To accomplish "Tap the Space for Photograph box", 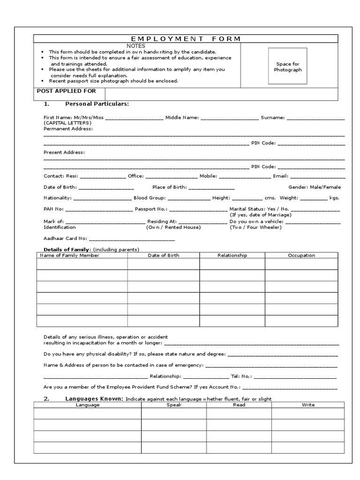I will click(287, 67).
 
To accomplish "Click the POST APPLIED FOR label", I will click(66, 91).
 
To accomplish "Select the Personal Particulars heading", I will click(97, 104).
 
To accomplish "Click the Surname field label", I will click(273, 118).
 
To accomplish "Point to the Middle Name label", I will click(182, 118).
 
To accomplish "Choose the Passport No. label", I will click(151, 209).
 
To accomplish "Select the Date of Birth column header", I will click(163, 255).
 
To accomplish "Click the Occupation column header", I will click(301, 255).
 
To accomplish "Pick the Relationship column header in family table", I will click(232, 255).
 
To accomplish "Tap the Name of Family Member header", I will click(69, 255).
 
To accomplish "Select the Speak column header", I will click(174, 405).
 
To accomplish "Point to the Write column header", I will click(308, 405).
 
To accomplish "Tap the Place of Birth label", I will click(169, 187).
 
